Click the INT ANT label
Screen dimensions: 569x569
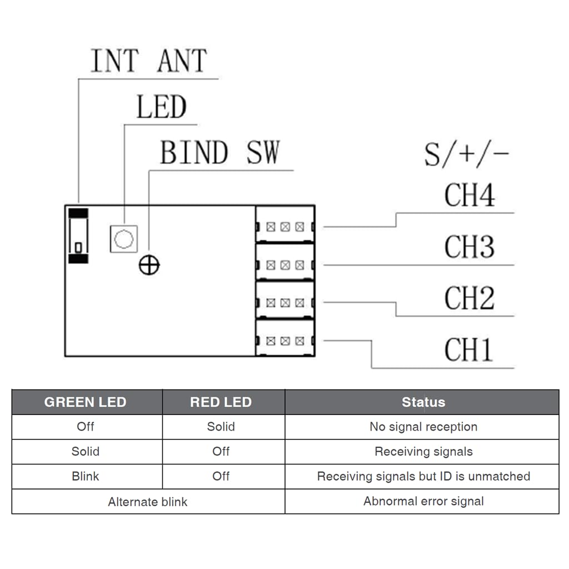[149, 60]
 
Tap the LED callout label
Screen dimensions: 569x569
[162, 107]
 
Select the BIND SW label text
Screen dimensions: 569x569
[220, 152]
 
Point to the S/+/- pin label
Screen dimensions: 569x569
[467, 154]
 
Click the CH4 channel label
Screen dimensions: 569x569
[470, 195]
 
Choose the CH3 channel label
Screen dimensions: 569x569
[470, 247]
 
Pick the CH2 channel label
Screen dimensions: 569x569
[470, 298]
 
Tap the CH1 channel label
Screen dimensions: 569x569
[468, 350]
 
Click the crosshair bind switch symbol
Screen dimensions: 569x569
[149, 265]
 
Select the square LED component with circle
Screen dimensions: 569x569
[124, 239]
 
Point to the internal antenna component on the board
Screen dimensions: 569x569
[78, 236]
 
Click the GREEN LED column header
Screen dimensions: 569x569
[85, 402]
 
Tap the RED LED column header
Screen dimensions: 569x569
[221, 402]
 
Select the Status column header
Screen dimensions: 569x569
[423, 402]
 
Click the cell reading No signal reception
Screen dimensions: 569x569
[423, 427]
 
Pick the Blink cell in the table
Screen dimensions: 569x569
[85, 476]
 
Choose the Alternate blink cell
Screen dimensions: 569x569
[148, 502]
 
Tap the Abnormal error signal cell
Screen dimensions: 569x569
[423, 501]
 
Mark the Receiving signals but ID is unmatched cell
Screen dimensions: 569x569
[423, 476]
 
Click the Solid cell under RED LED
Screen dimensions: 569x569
[221, 426]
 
